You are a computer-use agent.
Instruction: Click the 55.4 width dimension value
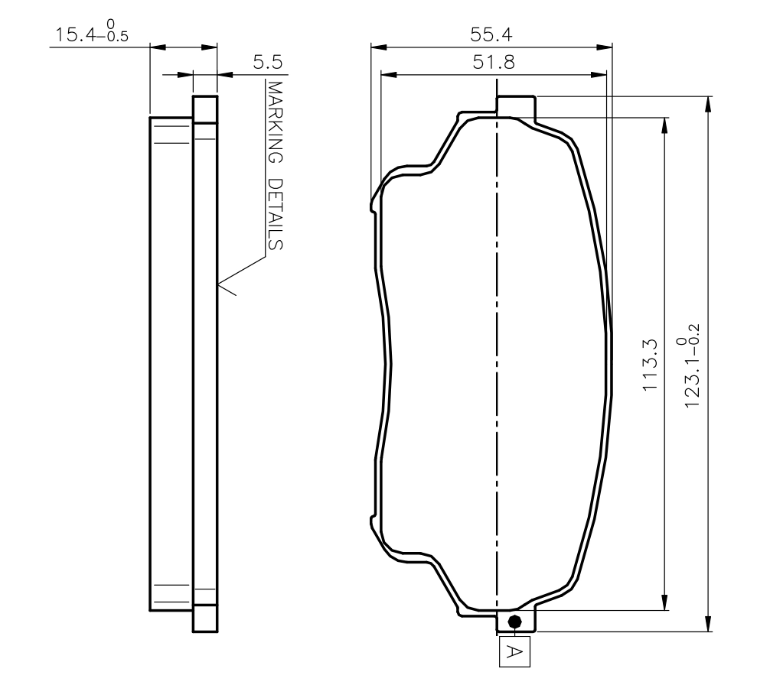coord(491,34)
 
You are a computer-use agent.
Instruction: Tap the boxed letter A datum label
coord(515,651)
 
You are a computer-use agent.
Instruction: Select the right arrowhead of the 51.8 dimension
coord(601,75)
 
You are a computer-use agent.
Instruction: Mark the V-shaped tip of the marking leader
coord(220,286)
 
